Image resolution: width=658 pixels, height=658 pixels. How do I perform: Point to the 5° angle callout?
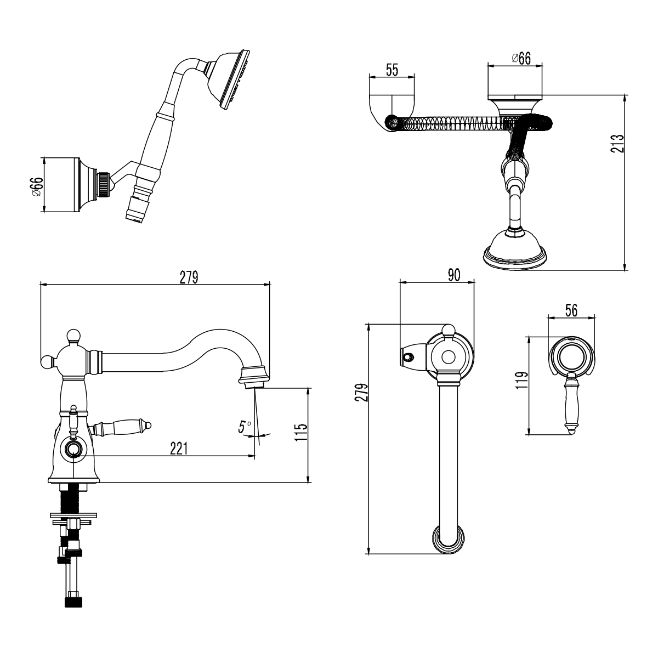pyautogui.click(x=245, y=427)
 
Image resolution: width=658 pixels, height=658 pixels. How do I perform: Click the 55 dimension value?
pyautogui.click(x=392, y=70)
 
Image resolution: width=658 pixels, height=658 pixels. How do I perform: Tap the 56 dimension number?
pyautogui.click(x=571, y=310)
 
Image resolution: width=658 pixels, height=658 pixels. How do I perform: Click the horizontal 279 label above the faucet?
pyautogui.click(x=188, y=277)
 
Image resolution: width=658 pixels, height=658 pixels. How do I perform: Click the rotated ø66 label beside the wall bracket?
pyautogui.click(x=36, y=185)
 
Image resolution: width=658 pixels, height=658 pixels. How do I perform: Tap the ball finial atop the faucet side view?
pyautogui.click(x=72, y=336)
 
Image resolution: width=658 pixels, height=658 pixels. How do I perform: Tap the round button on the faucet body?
pyautogui.click(x=72, y=451)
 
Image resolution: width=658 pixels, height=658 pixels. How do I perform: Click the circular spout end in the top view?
pyautogui.click(x=449, y=539)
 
